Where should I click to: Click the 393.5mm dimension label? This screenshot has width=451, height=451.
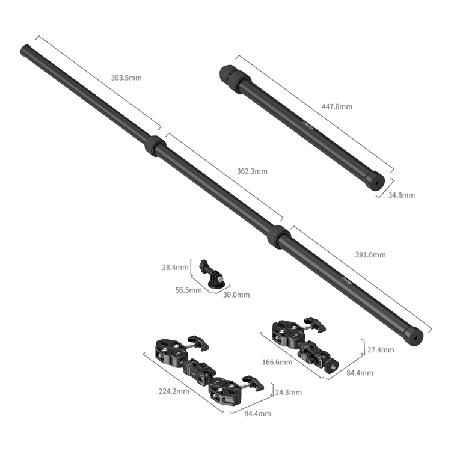coord(126,78)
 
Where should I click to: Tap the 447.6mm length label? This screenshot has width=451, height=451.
coord(337,106)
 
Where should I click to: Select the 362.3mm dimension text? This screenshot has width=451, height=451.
coord(252,171)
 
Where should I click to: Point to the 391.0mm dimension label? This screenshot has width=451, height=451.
coord(370,254)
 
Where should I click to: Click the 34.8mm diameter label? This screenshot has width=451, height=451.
coord(402,195)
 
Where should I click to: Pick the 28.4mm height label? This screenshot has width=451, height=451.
coord(175,267)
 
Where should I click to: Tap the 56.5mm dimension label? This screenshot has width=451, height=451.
coord(188,290)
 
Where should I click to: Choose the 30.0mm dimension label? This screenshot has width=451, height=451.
coord(236,295)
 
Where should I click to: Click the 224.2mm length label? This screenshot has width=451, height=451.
coord(174,391)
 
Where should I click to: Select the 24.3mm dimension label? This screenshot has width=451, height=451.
coord(289,392)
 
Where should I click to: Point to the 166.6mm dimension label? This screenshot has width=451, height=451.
coord(277,362)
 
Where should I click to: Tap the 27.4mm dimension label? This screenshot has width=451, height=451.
coord(381,350)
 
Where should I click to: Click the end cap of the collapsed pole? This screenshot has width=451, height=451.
coord(376,180)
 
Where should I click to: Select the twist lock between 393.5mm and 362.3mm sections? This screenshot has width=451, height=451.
coord(155,146)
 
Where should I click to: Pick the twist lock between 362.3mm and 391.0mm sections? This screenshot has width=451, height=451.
coord(278,238)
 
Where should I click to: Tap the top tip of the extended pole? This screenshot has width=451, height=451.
coord(25,49)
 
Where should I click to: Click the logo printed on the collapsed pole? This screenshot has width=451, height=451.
coord(307,126)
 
